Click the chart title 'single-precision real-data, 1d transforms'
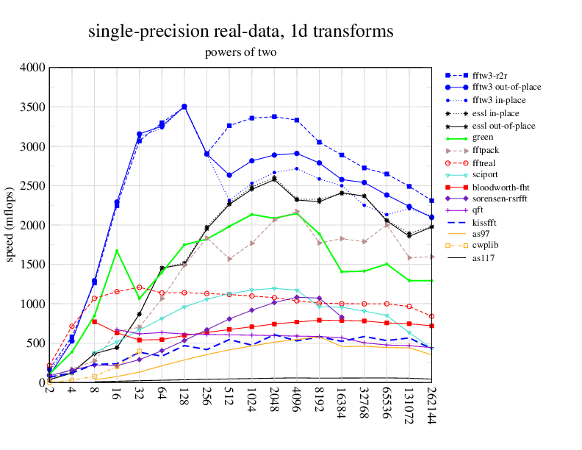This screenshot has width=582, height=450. (x=240, y=32)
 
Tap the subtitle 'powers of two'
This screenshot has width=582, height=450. (x=240, y=52)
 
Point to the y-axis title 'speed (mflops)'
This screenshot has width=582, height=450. (x=10, y=225)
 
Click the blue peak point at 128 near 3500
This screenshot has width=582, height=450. (x=184, y=107)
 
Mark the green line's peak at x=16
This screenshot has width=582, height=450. (x=117, y=251)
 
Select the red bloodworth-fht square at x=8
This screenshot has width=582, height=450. (x=94, y=322)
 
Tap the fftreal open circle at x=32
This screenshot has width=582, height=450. (x=139, y=287)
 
